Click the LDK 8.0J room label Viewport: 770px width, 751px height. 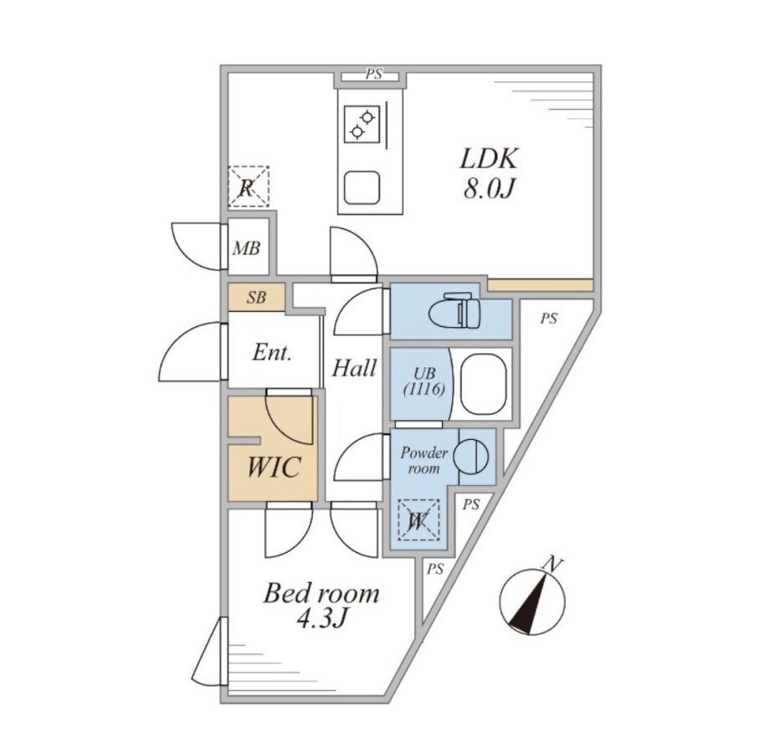click(489, 173)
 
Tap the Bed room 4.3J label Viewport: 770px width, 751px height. click(321, 606)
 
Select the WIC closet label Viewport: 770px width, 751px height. click(272, 467)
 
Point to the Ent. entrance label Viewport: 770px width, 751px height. click(272, 353)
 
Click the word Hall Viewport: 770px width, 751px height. click(354, 367)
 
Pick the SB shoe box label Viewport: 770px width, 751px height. click(256, 297)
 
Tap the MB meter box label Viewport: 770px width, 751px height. click(246, 248)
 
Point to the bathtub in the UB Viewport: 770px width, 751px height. click(485, 384)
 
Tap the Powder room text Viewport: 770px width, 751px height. click(424, 461)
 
